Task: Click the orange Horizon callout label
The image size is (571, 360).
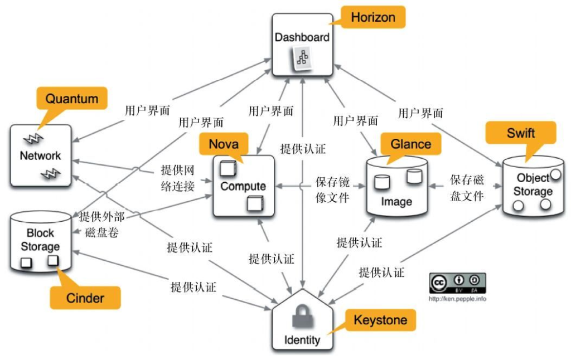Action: pyautogui.click(x=373, y=17)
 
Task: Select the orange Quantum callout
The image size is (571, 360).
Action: pyautogui.click(x=71, y=99)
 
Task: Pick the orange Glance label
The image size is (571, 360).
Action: pyautogui.click(x=410, y=144)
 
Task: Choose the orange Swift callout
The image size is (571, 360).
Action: pyautogui.click(x=521, y=133)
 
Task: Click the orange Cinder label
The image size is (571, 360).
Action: pyautogui.click(x=85, y=298)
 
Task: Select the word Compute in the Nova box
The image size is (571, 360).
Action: pyautogui.click(x=243, y=186)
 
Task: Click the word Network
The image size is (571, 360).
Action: pyautogui.click(x=40, y=155)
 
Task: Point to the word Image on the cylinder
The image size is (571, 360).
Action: pyautogui.click(x=396, y=201)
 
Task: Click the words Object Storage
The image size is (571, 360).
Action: pyautogui.click(x=533, y=184)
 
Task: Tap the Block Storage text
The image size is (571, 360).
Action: pyautogui.click(x=41, y=240)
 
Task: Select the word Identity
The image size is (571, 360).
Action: pyautogui.click(x=302, y=340)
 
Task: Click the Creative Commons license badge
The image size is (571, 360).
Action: pyautogui.click(x=457, y=283)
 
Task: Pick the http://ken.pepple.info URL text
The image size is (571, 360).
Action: pyautogui.click(x=457, y=299)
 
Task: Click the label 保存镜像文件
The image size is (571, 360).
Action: pyautogui.click(x=332, y=189)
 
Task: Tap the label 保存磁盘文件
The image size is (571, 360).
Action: pyautogui.click(x=467, y=188)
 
